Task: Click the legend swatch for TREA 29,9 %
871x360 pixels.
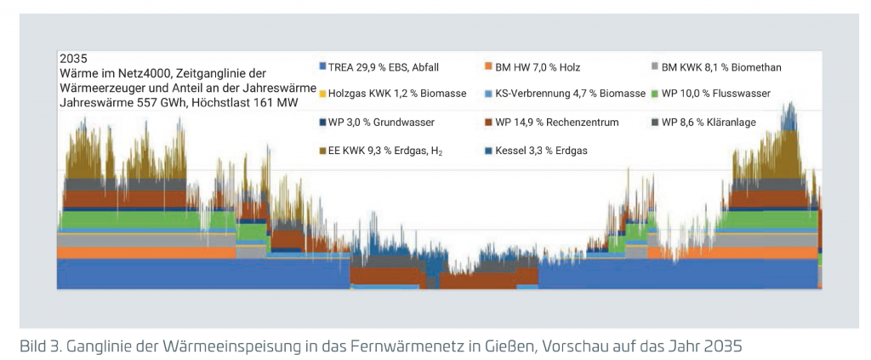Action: click(322, 66)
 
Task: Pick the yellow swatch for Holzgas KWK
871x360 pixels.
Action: click(322, 93)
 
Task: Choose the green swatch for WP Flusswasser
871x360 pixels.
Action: click(654, 93)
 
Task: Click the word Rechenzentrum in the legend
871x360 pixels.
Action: click(579, 123)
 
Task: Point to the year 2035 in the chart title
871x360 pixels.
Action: click(72, 59)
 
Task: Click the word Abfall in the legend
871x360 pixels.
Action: click(423, 66)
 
